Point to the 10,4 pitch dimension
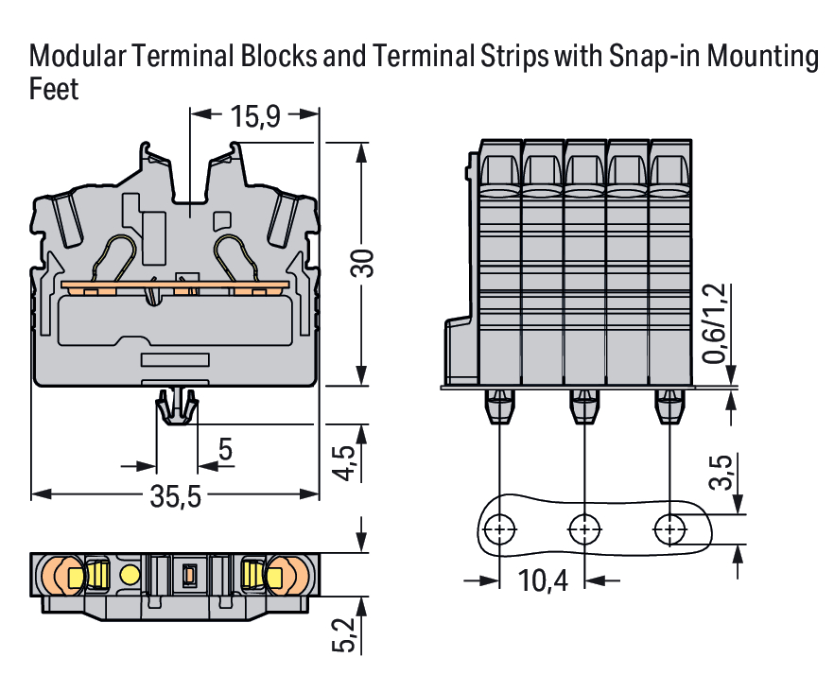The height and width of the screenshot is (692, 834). [x=543, y=580]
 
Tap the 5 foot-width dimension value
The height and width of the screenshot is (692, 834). [x=225, y=450]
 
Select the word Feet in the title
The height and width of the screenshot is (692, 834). [x=54, y=91]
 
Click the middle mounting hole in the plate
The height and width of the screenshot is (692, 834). [x=585, y=528]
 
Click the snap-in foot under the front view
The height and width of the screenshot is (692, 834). [x=178, y=407]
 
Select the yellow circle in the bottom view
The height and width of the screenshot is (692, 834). [x=130, y=574]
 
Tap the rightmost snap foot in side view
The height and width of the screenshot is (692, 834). [x=670, y=407]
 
